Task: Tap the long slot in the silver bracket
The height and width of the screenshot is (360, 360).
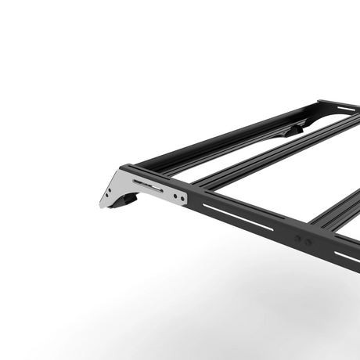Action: (x=149, y=186)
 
